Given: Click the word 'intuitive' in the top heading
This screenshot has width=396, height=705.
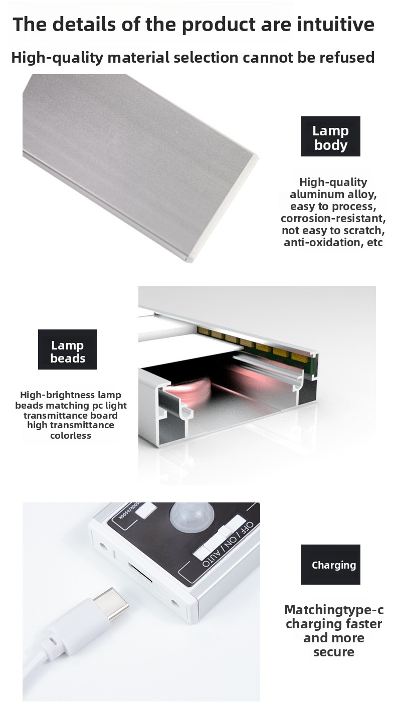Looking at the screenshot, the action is (336, 25).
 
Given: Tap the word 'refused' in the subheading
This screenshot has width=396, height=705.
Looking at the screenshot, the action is (347, 58).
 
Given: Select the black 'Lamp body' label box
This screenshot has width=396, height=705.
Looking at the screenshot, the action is (330, 136).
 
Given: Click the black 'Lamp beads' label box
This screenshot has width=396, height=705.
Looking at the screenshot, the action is (68, 349).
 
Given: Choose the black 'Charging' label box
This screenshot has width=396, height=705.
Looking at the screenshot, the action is (330, 564).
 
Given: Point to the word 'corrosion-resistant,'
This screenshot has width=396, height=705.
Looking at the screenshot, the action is (333, 219).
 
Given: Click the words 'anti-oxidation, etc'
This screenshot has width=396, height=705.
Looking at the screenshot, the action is (333, 242).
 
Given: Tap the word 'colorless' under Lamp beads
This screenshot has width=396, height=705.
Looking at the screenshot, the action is (71, 436).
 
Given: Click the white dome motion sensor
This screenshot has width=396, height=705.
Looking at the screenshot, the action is (192, 517).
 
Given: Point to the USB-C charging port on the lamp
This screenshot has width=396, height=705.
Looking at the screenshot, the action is (140, 573).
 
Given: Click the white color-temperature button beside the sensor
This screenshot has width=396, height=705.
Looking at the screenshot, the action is (145, 510).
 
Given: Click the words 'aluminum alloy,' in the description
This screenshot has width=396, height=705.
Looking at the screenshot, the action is (333, 195).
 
